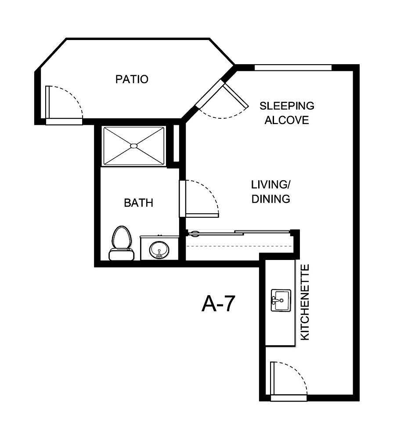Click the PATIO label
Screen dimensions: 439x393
pos(132,80)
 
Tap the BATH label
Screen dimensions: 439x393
pos(138,203)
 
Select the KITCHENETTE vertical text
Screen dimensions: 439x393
pos(305,302)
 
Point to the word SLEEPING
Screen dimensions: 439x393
pos(287,106)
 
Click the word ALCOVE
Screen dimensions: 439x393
pos(286,120)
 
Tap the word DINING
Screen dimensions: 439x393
pos(270,199)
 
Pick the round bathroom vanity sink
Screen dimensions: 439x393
pos(159,250)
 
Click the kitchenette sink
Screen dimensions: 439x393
pos(280,300)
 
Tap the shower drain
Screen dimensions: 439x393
pos(134,146)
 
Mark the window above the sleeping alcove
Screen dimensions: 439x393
pos(293,67)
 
